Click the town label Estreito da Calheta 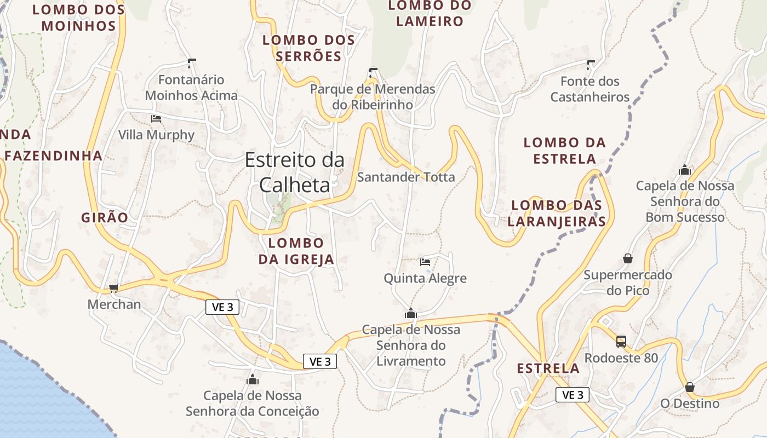[295, 172]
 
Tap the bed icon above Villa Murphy [156, 118]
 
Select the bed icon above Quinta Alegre [425, 262]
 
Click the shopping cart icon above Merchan [113, 288]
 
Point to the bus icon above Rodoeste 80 [621, 342]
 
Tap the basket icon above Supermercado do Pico [628, 258]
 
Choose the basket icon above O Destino [690, 387]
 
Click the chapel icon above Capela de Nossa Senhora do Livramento [410, 314]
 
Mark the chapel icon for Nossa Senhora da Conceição [253, 379]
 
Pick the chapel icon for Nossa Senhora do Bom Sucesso [685, 170]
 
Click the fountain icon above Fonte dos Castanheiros [590, 65]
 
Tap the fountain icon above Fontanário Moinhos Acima [192, 64]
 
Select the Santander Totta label [406, 177]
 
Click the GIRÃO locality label [105, 217]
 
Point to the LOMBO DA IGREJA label [296, 251]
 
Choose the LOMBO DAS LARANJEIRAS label [557, 213]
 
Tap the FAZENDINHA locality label [54, 155]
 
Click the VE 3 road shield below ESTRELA [573, 395]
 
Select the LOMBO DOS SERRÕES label [308, 48]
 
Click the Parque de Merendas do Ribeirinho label [373, 96]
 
